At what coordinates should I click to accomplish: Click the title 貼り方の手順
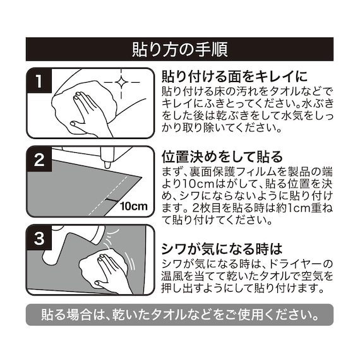(x=179, y=49)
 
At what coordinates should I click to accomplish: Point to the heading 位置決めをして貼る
(x=222, y=156)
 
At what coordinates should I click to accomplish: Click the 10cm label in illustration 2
(x=133, y=206)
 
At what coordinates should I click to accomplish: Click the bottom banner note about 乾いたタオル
(x=179, y=314)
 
